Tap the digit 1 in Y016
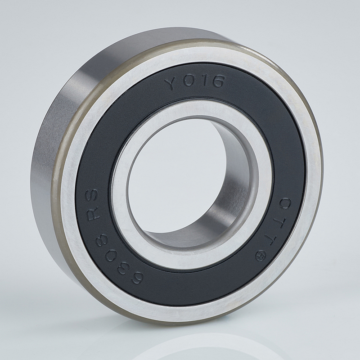[203, 81]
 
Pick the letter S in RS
[92, 195]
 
